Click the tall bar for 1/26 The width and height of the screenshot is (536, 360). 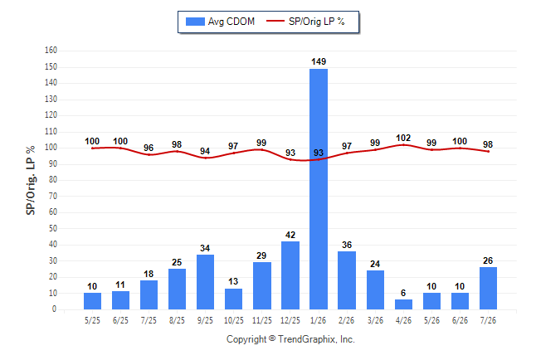pyautogui.click(x=319, y=189)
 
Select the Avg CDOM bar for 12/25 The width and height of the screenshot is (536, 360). pyautogui.click(x=290, y=275)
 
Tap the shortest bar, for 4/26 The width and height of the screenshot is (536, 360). pyautogui.click(x=403, y=304)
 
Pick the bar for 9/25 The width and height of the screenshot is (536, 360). pyautogui.click(x=205, y=282)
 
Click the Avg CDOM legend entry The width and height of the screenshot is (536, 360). pyautogui.click(x=220, y=22)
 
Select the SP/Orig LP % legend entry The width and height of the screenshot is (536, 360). pyautogui.click(x=305, y=22)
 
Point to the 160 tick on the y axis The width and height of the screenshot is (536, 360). pyautogui.click(x=51, y=51)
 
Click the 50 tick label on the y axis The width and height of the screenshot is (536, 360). pyautogui.click(x=52, y=228)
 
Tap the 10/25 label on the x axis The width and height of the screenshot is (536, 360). pyautogui.click(x=233, y=320)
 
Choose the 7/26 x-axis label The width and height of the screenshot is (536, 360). pyautogui.click(x=488, y=320)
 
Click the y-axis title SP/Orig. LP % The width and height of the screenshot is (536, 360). pyautogui.click(x=31, y=180)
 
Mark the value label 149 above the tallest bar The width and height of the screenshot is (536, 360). pyautogui.click(x=319, y=61)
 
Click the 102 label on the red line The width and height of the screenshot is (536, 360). pyautogui.click(x=403, y=138)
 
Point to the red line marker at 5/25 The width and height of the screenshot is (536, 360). pyautogui.click(x=92, y=148)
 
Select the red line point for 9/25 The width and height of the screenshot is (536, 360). pyautogui.click(x=205, y=158)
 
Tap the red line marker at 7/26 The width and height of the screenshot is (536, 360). pyautogui.click(x=488, y=152)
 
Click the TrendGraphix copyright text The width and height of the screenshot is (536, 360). pyautogui.click(x=290, y=339)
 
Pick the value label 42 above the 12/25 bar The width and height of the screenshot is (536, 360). pyautogui.click(x=290, y=235)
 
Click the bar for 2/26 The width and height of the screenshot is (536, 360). pyautogui.click(x=347, y=280)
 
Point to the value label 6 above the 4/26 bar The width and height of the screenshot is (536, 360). pyautogui.click(x=403, y=293)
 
